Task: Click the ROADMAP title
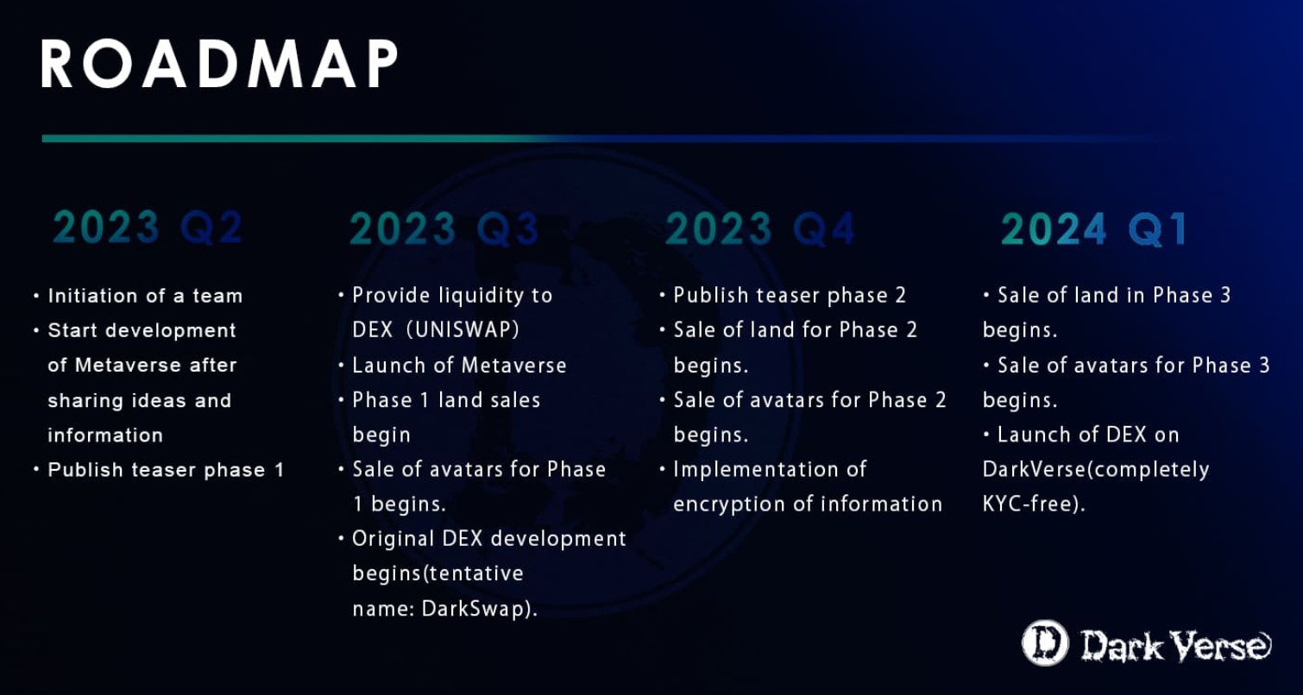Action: pos(220,66)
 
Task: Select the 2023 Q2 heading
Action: pos(148,229)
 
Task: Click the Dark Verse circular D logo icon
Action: pos(1045,644)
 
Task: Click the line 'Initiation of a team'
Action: pos(145,296)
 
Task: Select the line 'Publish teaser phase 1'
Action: pos(166,470)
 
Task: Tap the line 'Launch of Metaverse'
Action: pos(459,365)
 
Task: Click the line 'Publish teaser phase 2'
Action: pos(790,296)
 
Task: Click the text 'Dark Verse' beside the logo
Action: pos(1176,645)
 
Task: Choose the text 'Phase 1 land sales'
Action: pos(446,400)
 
